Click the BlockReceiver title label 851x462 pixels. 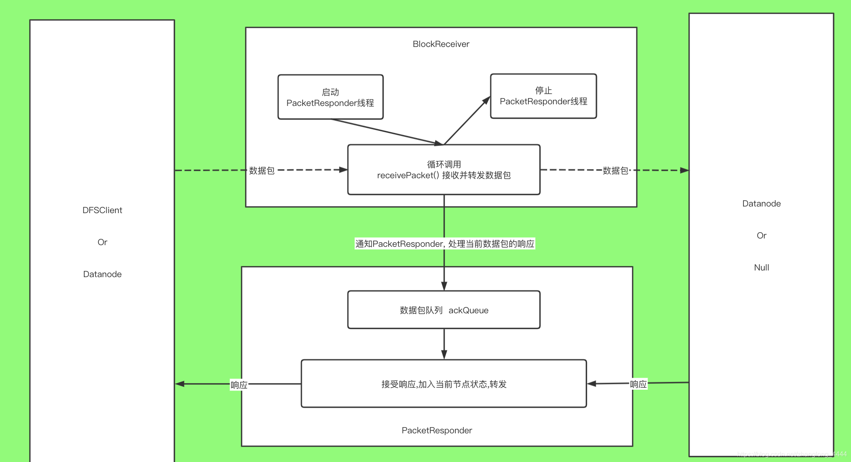[441, 44]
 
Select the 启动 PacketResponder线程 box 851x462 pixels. [330, 97]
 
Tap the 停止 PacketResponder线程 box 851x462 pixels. [543, 96]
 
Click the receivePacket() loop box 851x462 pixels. [444, 170]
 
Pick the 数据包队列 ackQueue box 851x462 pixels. [444, 310]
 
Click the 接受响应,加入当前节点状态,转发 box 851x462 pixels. [444, 384]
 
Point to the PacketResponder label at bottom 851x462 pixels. [437, 430]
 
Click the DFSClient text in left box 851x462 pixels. [102, 210]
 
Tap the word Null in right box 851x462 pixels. [761, 268]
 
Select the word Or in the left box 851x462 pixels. [102, 242]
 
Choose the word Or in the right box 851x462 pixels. [761, 236]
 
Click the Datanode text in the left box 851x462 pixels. [102, 274]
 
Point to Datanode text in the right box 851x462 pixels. [761, 204]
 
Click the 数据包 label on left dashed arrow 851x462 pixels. [262, 171]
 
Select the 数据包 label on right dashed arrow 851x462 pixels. [615, 171]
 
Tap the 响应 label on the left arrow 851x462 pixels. [239, 385]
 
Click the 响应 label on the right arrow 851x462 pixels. [638, 384]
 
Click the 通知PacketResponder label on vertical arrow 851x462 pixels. [445, 244]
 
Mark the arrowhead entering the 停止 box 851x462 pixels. [486, 101]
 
